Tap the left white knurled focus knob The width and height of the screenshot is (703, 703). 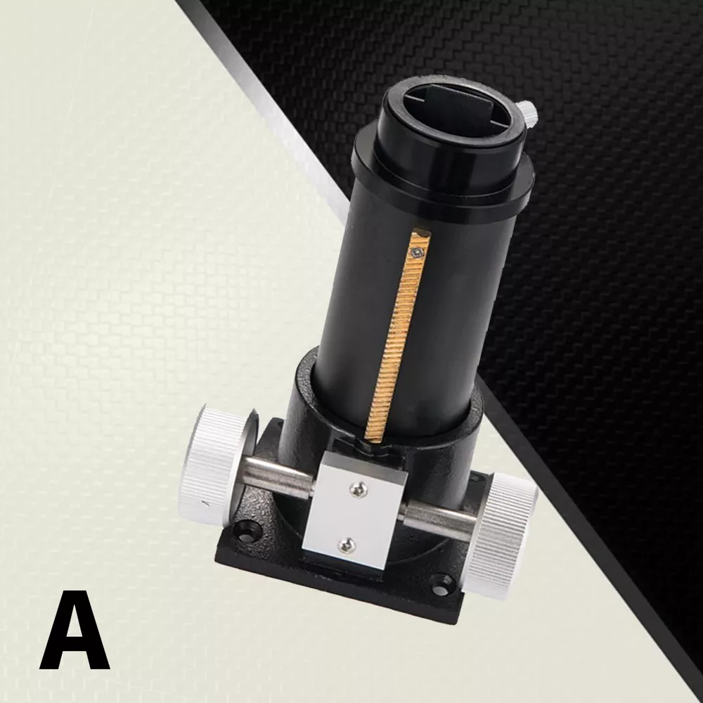212,462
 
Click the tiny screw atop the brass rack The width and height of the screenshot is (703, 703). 418,254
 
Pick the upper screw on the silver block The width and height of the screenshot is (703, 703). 359,490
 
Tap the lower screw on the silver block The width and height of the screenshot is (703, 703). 346,544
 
